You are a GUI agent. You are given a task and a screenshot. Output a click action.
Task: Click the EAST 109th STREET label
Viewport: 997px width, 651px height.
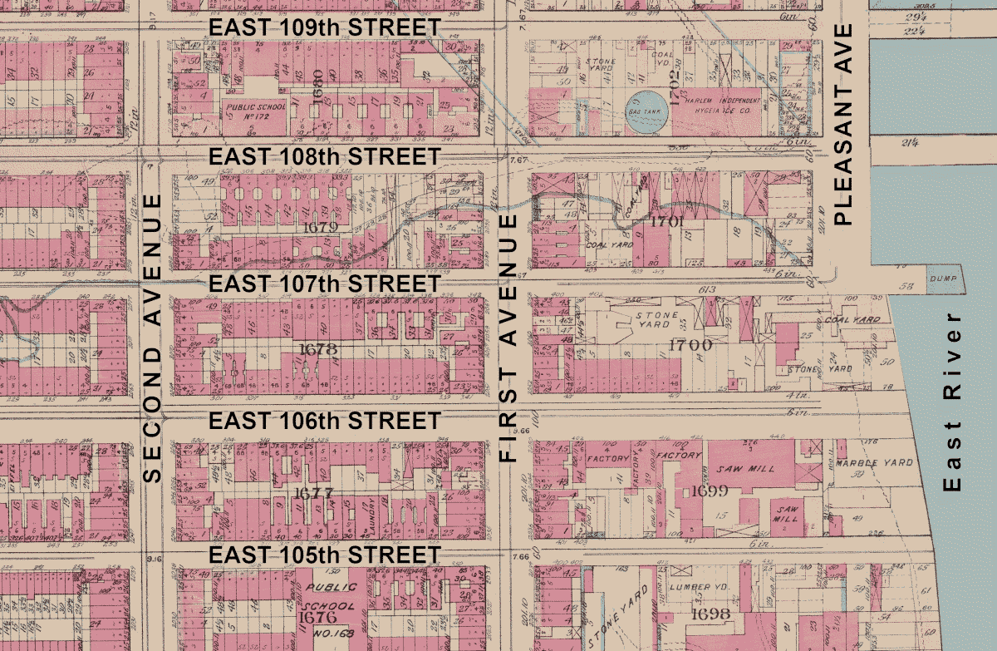point(324,27)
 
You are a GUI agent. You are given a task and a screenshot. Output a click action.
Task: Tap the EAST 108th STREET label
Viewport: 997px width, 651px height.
point(324,156)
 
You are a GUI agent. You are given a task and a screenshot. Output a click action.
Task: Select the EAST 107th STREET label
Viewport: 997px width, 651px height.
point(324,284)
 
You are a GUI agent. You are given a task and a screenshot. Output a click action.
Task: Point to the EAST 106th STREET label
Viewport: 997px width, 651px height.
point(324,421)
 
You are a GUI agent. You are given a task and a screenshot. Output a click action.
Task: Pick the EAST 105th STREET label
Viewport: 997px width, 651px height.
point(324,555)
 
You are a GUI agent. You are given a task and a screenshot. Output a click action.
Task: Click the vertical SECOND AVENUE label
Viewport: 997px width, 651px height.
point(151,338)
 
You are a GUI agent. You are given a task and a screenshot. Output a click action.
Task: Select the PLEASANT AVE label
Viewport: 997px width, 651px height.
point(843,125)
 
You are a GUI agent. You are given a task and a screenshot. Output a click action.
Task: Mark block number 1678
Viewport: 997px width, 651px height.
point(317,350)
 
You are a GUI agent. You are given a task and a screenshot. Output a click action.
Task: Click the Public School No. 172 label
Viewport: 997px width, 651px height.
point(256,112)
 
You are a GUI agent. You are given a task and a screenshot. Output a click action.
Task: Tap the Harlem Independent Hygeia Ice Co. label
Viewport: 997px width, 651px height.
point(716,103)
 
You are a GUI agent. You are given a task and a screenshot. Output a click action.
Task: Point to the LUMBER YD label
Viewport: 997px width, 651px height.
point(699,587)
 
